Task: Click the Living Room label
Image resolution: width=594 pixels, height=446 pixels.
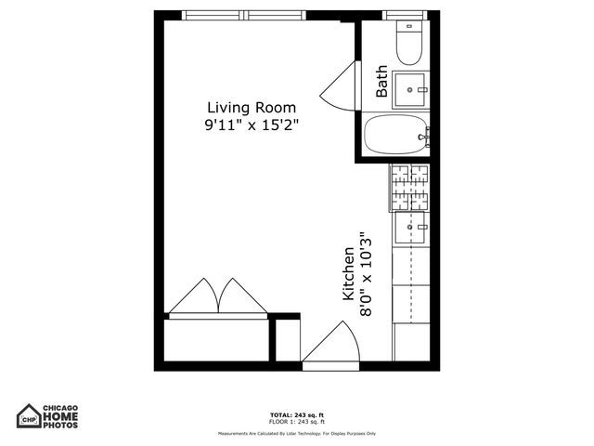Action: (x=252, y=107)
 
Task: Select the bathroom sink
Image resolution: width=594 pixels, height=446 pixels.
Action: (x=410, y=90)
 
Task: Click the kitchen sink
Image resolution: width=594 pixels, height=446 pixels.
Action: (x=410, y=226)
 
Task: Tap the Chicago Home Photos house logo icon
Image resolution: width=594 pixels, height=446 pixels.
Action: (x=29, y=415)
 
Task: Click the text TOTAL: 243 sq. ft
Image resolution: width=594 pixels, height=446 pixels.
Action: (x=296, y=413)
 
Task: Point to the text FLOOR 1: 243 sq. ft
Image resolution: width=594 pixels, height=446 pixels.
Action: (x=296, y=421)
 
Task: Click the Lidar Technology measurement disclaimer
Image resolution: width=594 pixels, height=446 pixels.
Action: (x=296, y=434)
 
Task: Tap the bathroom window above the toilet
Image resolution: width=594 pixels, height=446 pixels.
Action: (x=409, y=15)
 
